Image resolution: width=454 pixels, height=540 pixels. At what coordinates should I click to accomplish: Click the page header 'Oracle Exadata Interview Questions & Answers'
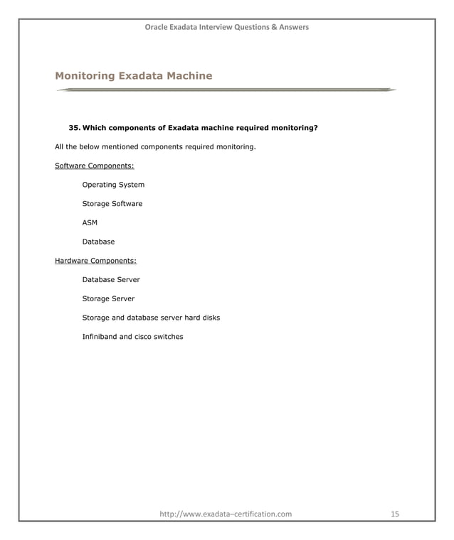click(226, 27)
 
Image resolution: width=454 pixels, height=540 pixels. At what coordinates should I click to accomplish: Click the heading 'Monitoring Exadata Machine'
click(133, 75)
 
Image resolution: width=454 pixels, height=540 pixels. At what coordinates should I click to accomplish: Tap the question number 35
click(74, 129)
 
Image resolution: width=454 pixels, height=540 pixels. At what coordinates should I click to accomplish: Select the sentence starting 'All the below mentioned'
click(155, 148)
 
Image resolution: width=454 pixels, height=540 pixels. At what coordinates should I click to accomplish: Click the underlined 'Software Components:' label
click(95, 166)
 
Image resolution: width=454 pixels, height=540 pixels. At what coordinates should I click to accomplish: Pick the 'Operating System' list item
click(113, 185)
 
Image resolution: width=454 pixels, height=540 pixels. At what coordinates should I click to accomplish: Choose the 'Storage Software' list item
click(112, 204)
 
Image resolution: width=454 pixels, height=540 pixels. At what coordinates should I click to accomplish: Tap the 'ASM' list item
click(90, 223)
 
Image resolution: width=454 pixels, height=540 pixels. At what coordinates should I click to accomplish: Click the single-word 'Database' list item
click(98, 242)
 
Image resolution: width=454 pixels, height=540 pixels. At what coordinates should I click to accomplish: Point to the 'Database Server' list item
click(111, 280)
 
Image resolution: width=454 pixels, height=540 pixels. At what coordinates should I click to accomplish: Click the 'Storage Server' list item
click(108, 298)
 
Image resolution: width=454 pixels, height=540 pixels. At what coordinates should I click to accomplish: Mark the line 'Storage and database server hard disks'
click(151, 318)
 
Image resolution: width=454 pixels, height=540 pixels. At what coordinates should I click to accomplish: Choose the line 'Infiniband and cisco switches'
click(132, 337)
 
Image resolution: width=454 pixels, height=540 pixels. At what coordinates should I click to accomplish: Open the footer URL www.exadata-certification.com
click(226, 513)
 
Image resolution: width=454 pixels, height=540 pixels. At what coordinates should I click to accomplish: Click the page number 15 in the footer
click(396, 513)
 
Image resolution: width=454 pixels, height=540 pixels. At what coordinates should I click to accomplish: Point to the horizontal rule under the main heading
click(226, 90)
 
